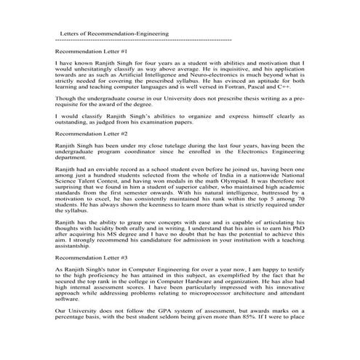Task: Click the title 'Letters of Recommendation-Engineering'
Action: click(x=113, y=33)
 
